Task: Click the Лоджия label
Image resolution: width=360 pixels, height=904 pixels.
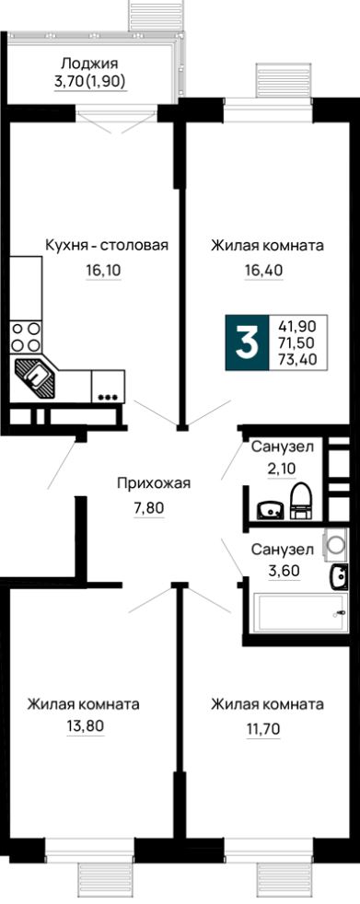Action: (88, 64)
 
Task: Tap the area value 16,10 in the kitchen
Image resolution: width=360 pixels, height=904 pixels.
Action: (104, 269)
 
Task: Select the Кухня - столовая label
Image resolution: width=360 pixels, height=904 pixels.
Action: (107, 246)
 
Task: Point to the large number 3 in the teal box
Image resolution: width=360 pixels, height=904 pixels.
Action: (247, 343)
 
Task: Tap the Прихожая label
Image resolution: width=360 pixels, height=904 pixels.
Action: (153, 483)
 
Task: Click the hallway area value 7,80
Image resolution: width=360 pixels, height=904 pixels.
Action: (149, 508)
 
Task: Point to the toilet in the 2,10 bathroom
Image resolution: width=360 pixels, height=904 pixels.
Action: (300, 502)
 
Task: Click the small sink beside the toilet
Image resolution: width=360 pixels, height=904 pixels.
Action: (270, 510)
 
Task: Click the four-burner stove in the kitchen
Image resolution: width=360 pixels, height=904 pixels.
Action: (26, 337)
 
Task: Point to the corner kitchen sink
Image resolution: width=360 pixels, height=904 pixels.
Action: (35, 377)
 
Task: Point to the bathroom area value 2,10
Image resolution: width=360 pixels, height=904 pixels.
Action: (282, 469)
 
